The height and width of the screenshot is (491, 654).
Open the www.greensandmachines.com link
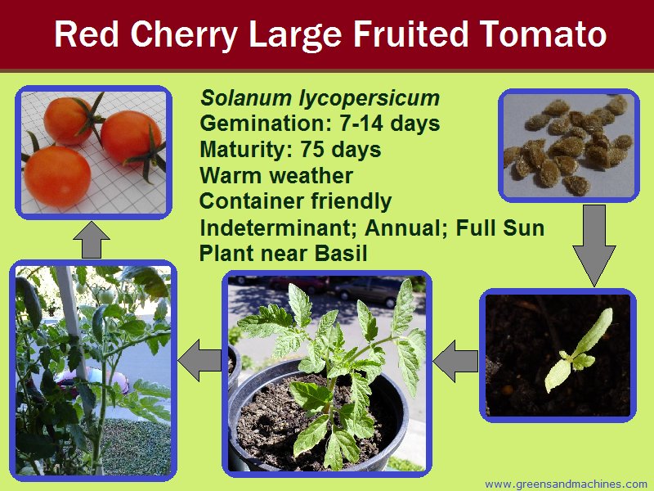(x=566, y=484)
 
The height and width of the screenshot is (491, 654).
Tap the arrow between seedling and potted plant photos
(x=456, y=358)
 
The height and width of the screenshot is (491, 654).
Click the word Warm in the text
(x=228, y=176)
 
